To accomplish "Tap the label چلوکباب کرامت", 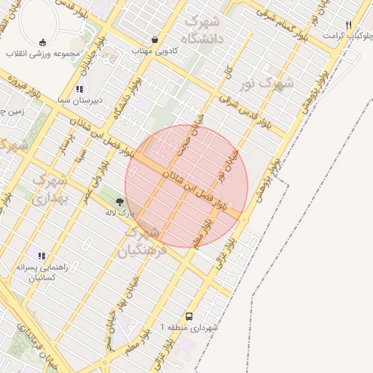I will click(x=344, y=36).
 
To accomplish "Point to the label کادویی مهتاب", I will click(x=151, y=51).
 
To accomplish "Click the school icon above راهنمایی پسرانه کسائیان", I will click(x=42, y=256).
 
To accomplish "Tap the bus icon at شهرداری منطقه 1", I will click(x=189, y=316).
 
